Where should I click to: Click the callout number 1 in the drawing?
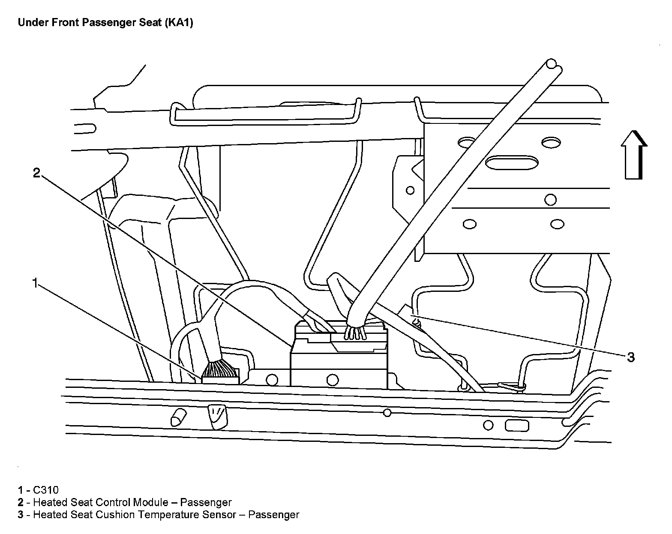tap(35, 283)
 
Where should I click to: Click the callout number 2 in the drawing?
tap(36, 173)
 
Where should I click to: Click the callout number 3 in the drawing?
tap(631, 357)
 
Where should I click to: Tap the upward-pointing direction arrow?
tap(633, 155)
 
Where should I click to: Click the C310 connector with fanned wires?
tap(220, 373)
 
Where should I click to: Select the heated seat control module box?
tap(339, 356)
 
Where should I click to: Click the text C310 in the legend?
tap(46, 490)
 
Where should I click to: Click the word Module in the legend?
tap(150, 502)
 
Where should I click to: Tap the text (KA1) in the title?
tap(179, 22)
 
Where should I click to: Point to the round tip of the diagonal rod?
tap(552, 64)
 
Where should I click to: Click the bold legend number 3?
tap(21, 515)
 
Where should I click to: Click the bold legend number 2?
tap(21, 502)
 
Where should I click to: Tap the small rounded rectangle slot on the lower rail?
tap(517, 426)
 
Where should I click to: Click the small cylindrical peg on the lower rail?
tap(178, 417)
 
